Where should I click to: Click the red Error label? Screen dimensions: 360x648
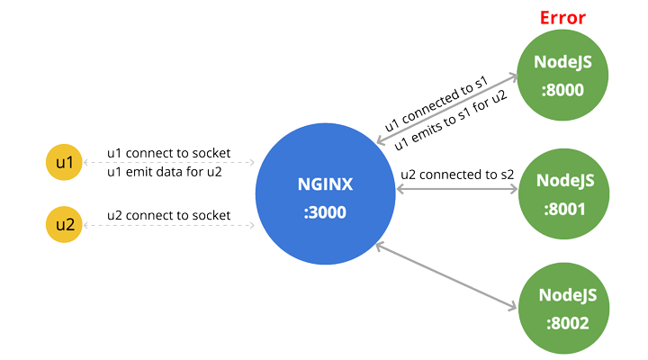click(562, 17)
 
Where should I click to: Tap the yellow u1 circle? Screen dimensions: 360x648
click(63, 163)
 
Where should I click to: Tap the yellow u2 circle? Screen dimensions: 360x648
click(63, 224)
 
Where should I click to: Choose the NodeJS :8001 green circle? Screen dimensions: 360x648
click(564, 193)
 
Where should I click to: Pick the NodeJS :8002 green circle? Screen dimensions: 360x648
click(564, 307)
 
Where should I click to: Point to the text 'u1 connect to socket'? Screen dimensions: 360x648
click(168, 152)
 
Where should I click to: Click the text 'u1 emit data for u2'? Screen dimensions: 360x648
click(165, 171)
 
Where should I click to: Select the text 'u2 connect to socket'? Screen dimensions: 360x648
click(168, 215)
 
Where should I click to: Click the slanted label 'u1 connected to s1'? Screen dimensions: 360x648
click(436, 106)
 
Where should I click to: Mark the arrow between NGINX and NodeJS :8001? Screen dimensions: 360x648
click(456, 191)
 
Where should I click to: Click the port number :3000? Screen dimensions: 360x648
click(325, 213)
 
